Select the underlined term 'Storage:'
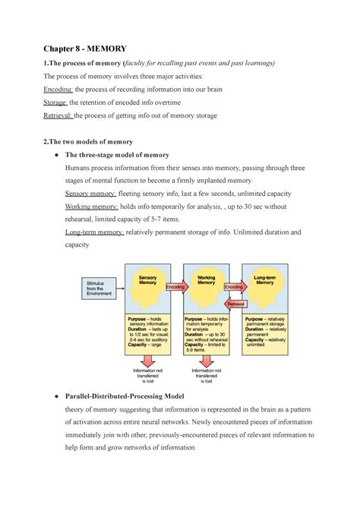59,103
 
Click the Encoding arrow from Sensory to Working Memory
175,288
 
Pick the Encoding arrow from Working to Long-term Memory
234,288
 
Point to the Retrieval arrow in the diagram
235,301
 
